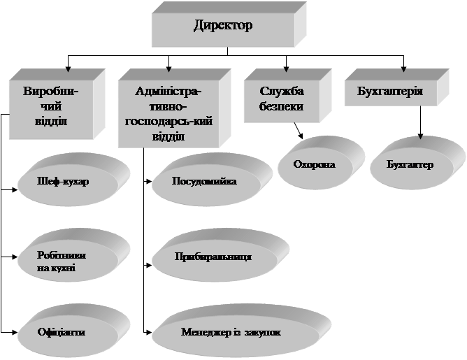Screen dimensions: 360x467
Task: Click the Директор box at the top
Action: coord(222,27)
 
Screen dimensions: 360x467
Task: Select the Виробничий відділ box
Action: coord(50,105)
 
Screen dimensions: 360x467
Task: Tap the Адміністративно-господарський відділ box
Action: coord(168,111)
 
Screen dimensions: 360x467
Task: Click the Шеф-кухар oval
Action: coord(66,180)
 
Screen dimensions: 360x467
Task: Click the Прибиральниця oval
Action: coord(213,257)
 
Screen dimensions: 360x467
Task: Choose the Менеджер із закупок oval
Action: coord(231,332)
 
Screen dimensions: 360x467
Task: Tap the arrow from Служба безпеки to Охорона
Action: coord(298,131)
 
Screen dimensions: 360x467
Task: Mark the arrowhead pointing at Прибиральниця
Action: coord(149,265)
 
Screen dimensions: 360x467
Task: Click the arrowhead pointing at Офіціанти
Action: coord(15,330)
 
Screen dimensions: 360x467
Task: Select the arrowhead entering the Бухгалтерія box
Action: coord(403,69)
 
